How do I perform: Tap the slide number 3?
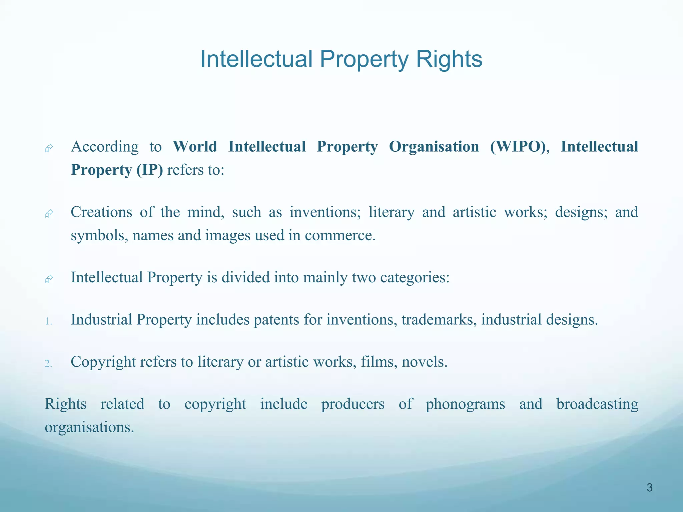click(x=649, y=488)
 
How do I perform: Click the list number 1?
click(x=49, y=321)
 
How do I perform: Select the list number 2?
click(x=49, y=363)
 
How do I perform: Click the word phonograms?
click(x=465, y=404)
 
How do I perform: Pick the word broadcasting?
click(x=597, y=404)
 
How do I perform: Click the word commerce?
click(x=340, y=236)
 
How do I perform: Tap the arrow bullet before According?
click(x=49, y=148)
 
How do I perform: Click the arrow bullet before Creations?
click(x=49, y=213)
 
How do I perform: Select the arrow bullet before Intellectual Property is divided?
click(x=49, y=279)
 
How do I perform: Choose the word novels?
click(x=424, y=362)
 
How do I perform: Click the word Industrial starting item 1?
click(x=101, y=320)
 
